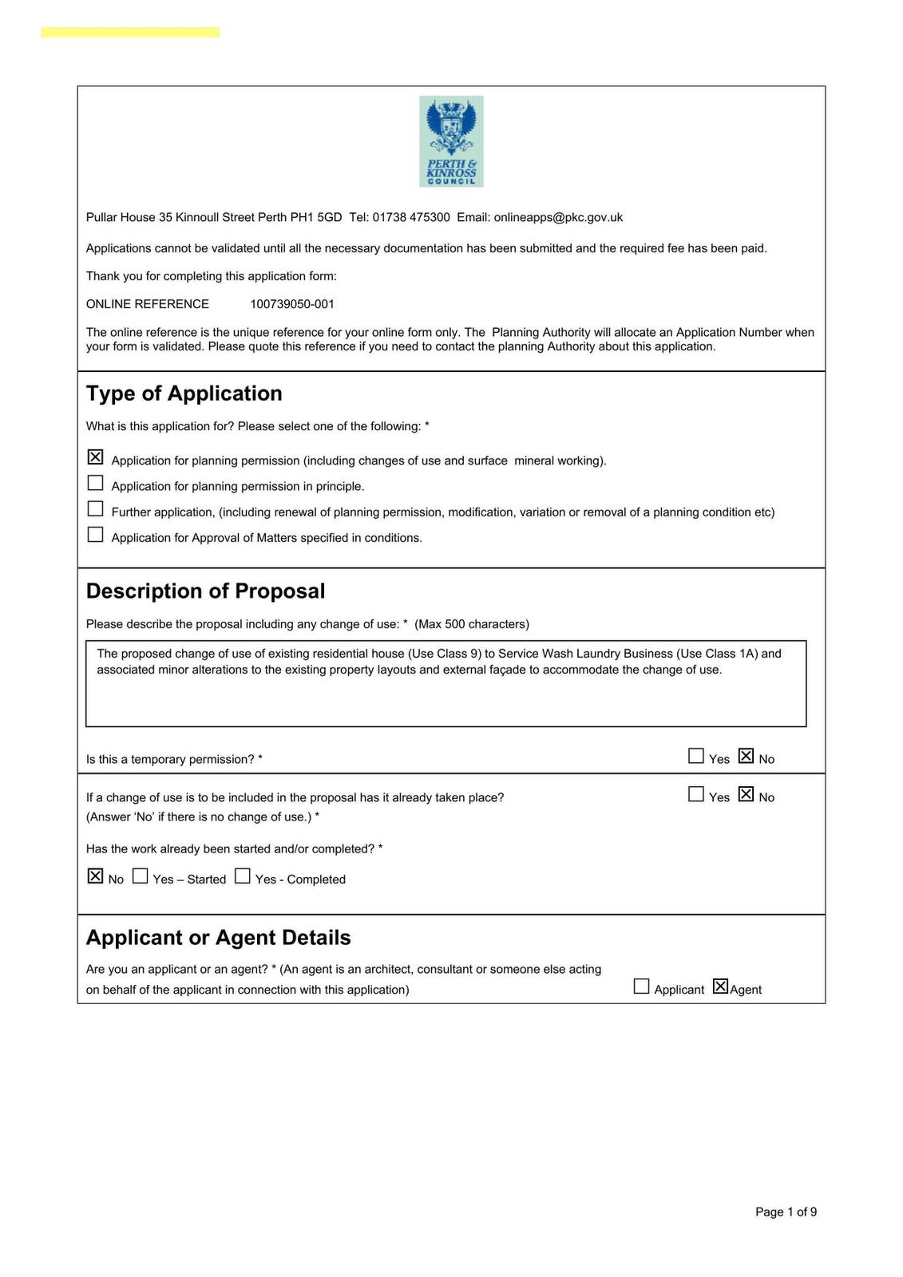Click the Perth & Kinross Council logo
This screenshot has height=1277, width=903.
pyautogui.click(x=451, y=141)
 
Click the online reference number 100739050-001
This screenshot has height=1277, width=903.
pyautogui.click(x=292, y=304)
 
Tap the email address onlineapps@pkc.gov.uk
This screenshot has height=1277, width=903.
pyautogui.click(x=558, y=217)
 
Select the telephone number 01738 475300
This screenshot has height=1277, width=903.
pyautogui.click(x=411, y=217)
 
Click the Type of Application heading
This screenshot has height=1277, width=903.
pyautogui.click(x=184, y=393)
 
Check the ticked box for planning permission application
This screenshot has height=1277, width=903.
pyautogui.click(x=95, y=457)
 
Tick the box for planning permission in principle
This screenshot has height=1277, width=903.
pyautogui.click(x=95, y=483)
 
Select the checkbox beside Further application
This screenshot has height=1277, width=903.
pyautogui.click(x=95, y=508)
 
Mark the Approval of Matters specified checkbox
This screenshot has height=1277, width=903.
pyautogui.click(x=95, y=534)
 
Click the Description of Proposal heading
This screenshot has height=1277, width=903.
pyautogui.click(x=206, y=591)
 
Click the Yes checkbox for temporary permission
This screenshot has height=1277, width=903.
pyautogui.click(x=696, y=756)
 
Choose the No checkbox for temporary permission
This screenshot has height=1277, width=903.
pyautogui.click(x=746, y=756)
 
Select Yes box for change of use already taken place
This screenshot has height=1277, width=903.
pyautogui.click(x=696, y=794)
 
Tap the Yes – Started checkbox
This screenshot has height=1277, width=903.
pyautogui.click(x=140, y=876)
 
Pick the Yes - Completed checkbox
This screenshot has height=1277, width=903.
pyautogui.click(x=243, y=876)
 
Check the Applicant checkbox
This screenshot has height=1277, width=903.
pyautogui.click(x=641, y=986)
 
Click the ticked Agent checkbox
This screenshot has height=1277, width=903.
pyautogui.click(x=720, y=986)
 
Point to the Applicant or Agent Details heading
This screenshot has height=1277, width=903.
pyautogui.click(x=219, y=938)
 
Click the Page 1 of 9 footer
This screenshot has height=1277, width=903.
pyautogui.click(x=786, y=1212)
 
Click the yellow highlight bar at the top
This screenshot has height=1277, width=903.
pyautogui.click(x=130, y=32)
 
